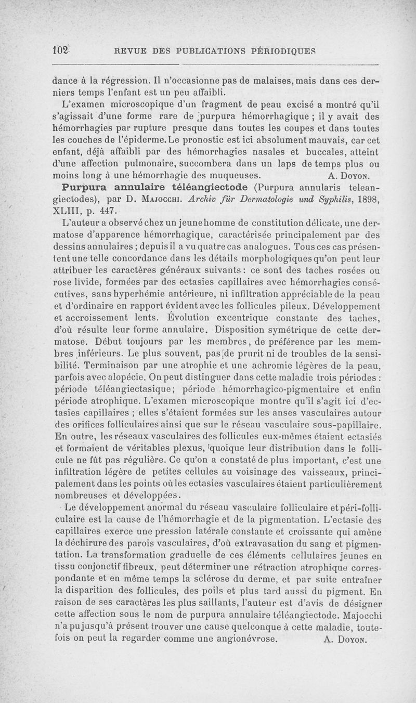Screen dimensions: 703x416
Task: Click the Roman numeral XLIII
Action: click(x=67, y=211)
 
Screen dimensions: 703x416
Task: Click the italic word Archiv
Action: click(x=190, y=199)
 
